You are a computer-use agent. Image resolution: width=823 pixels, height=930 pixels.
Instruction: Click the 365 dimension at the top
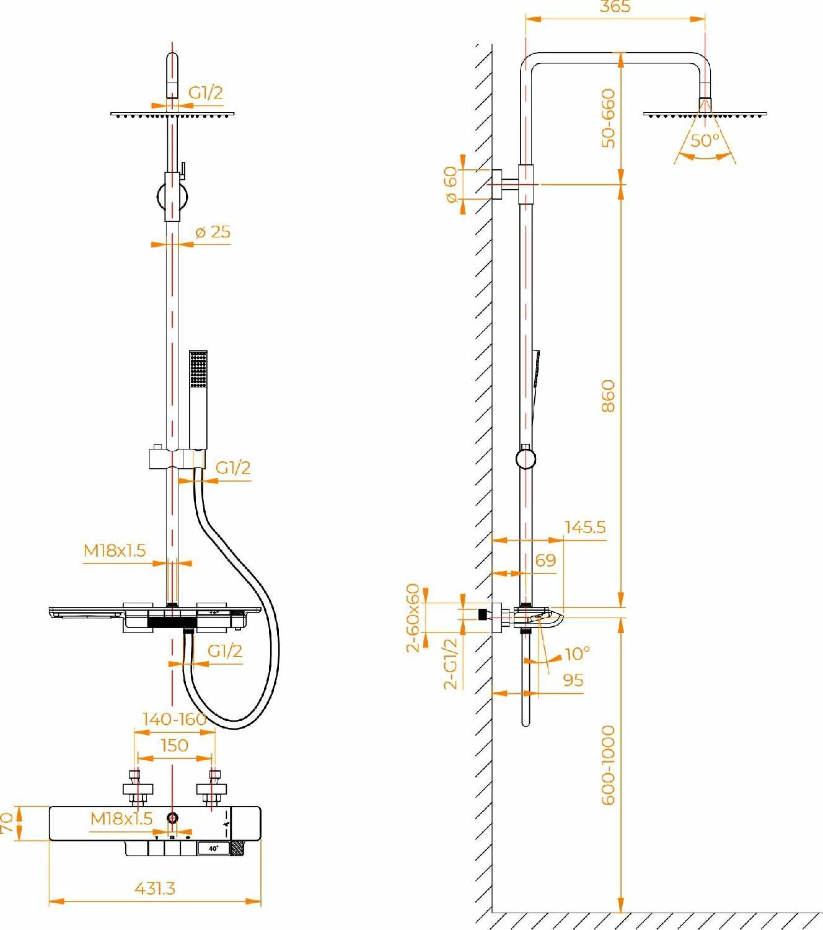(615, 7)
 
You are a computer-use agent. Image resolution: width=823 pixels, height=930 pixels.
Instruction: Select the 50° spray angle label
(705, 141)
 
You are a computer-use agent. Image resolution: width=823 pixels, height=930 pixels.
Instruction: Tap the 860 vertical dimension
(608, 396)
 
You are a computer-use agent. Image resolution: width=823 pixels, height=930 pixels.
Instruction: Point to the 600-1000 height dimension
(609, 765)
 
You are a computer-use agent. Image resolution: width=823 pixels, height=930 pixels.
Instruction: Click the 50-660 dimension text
(609, 118)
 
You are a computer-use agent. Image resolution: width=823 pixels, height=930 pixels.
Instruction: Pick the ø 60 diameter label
(451, 184)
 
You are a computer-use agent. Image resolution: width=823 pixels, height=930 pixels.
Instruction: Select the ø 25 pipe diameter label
(213, 232)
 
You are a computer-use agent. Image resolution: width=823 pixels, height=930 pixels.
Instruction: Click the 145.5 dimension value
(585, 527)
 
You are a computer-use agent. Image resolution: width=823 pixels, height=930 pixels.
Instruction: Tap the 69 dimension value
(545, 560)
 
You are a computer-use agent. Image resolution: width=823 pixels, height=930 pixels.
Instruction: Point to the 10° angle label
(577, 653)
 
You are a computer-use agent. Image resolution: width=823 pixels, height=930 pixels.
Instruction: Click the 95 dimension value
(573, 680)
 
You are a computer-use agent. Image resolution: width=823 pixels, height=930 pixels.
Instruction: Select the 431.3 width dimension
(155, 888)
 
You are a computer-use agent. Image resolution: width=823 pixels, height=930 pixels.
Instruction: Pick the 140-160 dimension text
(174, 719)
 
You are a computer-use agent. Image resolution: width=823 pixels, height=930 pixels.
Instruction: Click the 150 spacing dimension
(174, 745)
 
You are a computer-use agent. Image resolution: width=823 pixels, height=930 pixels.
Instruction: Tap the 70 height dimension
(7, 823)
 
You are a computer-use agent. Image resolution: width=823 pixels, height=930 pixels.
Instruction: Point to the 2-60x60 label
(413, 618)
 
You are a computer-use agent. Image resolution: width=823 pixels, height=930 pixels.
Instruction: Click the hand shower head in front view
(198, 370)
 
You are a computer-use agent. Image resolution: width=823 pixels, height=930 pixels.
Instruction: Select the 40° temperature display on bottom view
(214, 848)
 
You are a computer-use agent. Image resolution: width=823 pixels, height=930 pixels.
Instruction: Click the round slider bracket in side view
(526, 458)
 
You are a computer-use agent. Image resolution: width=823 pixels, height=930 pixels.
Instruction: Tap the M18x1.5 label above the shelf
(115, 551)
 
